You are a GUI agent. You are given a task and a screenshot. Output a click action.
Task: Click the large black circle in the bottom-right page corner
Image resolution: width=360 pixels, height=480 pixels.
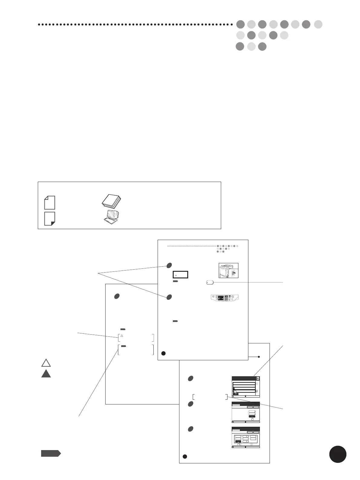point(338,454)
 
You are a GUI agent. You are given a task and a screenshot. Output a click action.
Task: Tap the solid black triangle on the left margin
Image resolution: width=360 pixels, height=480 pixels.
point(46,374)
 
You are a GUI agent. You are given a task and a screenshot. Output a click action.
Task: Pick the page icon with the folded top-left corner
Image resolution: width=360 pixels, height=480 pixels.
point(50,203)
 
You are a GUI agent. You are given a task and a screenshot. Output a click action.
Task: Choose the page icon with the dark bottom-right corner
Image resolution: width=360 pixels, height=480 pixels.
point(50,219)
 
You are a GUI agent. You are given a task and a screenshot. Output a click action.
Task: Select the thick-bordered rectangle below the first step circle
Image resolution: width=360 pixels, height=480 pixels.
point(180,275)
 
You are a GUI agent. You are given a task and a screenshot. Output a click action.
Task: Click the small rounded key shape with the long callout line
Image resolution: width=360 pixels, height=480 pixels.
point(210,282)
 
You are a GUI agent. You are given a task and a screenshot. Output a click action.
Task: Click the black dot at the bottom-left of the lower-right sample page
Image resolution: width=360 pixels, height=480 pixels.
point(185,456)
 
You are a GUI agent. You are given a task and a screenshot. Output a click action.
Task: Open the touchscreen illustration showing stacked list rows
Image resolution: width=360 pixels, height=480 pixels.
point(246,387)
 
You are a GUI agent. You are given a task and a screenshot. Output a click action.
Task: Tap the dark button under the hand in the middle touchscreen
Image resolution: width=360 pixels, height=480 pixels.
point(252,417)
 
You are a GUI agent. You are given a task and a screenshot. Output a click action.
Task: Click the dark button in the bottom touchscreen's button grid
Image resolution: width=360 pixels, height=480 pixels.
point(238,442)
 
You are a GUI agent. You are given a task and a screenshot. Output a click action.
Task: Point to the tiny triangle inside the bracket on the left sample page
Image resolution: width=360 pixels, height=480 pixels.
point(121,336)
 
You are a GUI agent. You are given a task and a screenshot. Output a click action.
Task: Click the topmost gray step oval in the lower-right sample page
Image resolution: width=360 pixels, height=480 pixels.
point(191,378)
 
